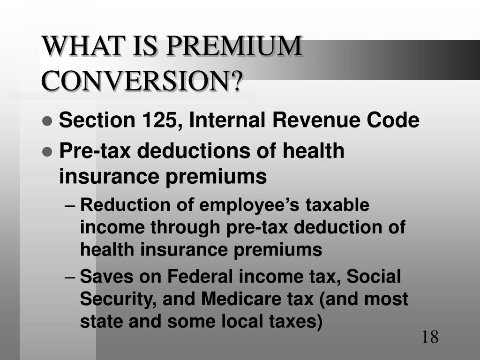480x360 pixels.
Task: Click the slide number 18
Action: [429, 337]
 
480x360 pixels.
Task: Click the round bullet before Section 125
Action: [47, 121]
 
